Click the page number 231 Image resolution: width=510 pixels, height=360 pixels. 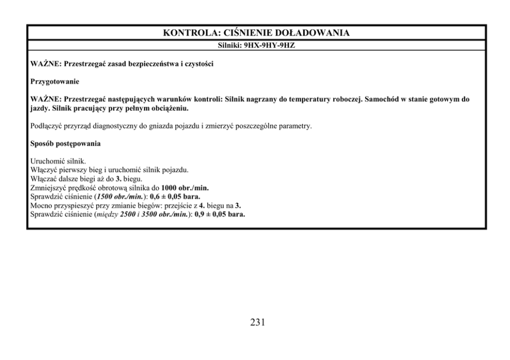pos(258,323)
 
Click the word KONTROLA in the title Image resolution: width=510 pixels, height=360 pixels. pos(189,33)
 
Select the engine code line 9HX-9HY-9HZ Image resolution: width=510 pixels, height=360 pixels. pos(273,45)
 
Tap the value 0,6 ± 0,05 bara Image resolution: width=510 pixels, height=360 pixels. pos(175,196)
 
